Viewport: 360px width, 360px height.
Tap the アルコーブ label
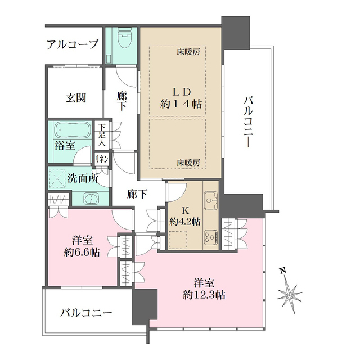(73, 44)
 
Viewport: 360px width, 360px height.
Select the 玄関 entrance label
(76, 97)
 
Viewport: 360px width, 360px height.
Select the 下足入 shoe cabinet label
(102, 136)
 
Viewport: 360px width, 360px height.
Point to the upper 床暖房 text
(188, 52)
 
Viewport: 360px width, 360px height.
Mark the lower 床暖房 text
(188, 162)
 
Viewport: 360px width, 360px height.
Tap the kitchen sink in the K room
(211, 198)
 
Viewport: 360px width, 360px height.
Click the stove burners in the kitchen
(210, 236)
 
